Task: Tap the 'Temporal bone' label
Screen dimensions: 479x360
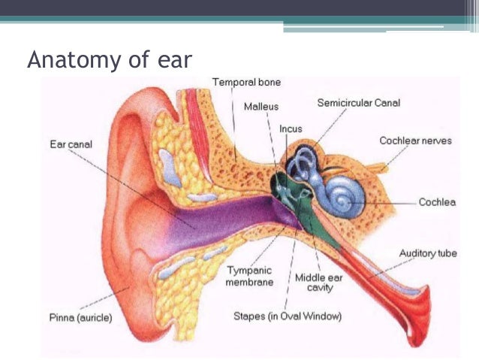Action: tap(247, 82)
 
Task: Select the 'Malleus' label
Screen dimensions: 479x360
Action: tap(261, 107)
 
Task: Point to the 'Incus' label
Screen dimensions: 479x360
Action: tap(291, 129)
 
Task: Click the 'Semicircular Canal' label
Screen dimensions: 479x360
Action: tap(360, 102)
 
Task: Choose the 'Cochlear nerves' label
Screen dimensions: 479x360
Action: tap(414, 141)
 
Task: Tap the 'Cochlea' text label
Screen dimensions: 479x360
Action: tap(437, 202)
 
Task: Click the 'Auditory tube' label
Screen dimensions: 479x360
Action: tap(427, 253)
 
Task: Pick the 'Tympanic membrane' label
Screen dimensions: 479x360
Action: tap(249, 276)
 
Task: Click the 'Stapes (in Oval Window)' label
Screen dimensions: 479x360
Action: tap(288, 316)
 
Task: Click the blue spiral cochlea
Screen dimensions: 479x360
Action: tap(343, 198)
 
